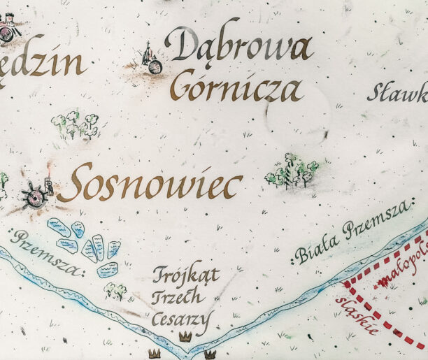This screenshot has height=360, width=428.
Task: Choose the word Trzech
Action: (178, 297)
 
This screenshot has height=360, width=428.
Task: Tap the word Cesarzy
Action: (180, 320)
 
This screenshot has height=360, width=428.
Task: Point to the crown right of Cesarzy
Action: (185, 337)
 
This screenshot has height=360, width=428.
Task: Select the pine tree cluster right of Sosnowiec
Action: (292, 172)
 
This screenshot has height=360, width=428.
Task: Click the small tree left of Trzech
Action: (116, 291)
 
